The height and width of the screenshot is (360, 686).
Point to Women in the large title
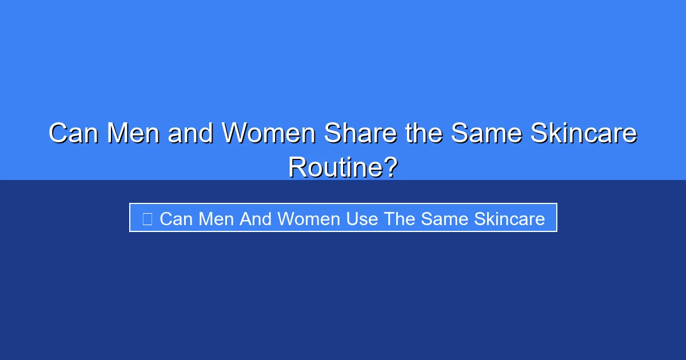pyautogui.click(x=269, y=133)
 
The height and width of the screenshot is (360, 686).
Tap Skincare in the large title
pyautogui.click(x=584, y=133)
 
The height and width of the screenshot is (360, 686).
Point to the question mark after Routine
pyautogui.click(x=390, y=167)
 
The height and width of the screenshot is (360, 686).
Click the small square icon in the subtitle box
pyautogui.click(x=147, y=219)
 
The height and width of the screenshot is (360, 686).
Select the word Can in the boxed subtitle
pyautogui.click(x=176, y=219)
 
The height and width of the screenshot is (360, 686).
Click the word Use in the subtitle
pyautogui.click(x=362, y=219)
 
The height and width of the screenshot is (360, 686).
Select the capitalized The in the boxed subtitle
pyautogui.click(x=400, y=219)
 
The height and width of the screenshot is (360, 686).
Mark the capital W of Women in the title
pyautogui.click(x=235, y=133)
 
